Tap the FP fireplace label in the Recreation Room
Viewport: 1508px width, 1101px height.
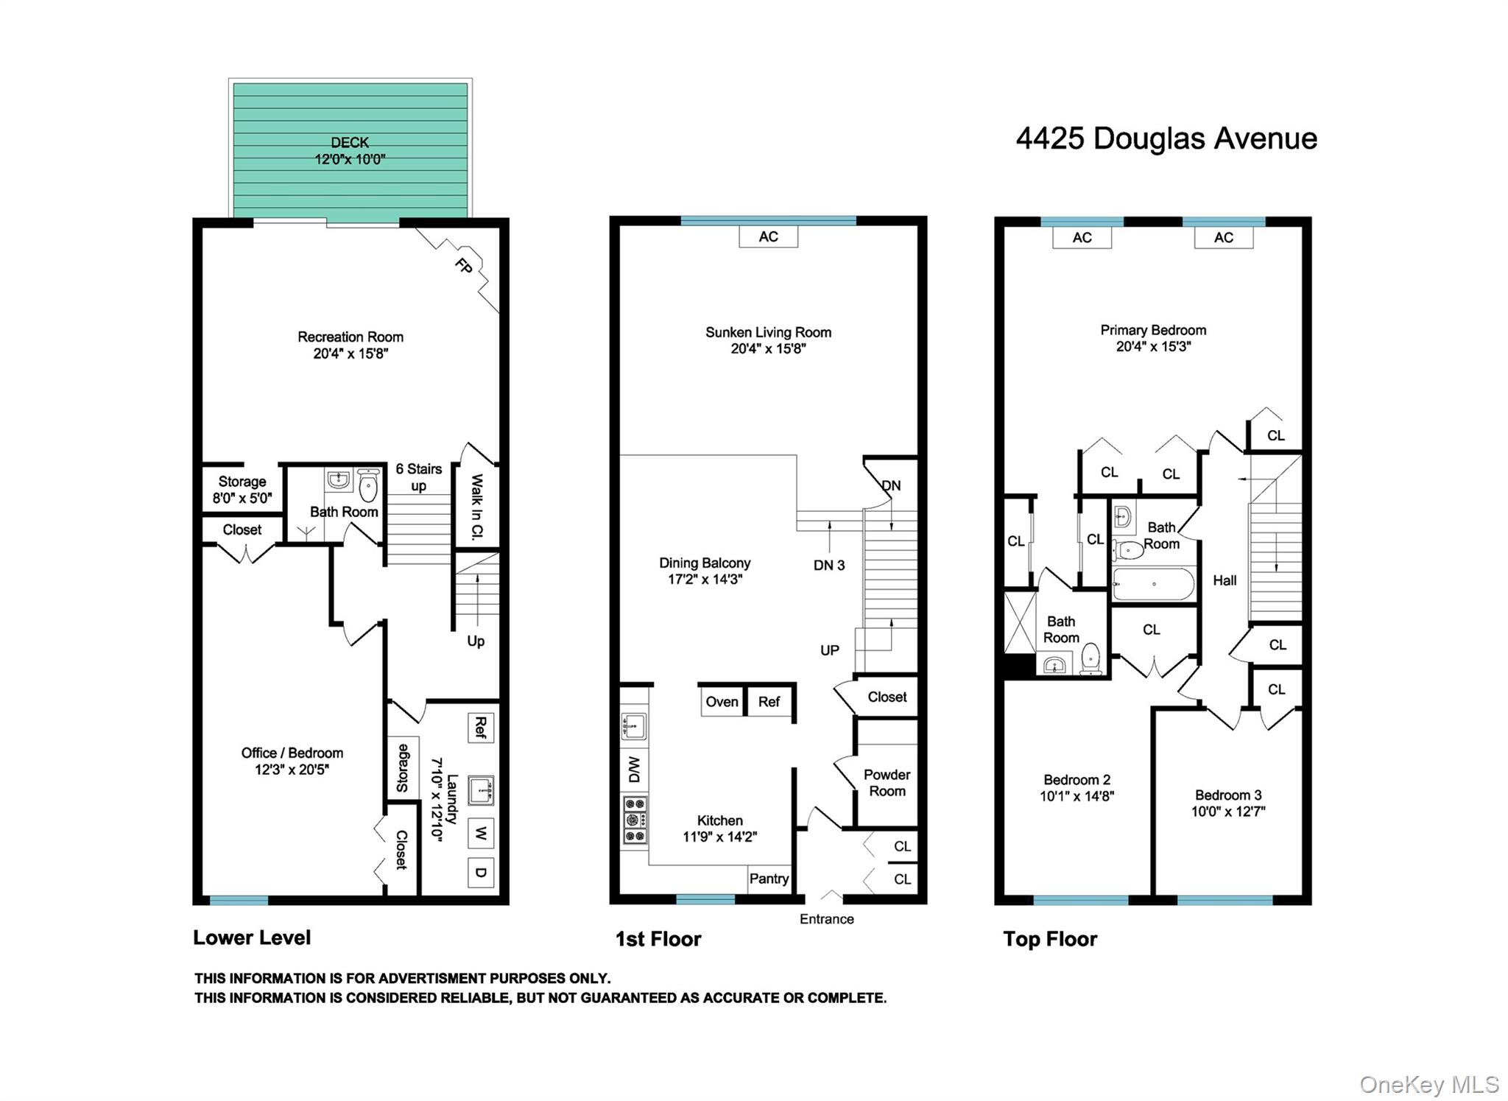tap(463, 266)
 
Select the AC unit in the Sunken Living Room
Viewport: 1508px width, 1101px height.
tap(768, 236)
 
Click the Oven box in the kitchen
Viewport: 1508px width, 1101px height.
tap(722, 702)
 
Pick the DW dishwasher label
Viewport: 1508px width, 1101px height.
tap(634, 770)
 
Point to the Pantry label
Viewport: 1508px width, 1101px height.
tap(769, 879)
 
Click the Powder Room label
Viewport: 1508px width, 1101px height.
tap(887, 783)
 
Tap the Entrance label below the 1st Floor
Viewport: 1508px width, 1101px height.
tap(826, 919)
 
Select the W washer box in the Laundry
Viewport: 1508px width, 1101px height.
tap(480, 834)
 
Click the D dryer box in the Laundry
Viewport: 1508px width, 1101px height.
tap(480, 873)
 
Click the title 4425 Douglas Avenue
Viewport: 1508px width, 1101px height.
tap(1166, 138)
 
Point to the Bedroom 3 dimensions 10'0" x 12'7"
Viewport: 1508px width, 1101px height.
tap(1227, 812)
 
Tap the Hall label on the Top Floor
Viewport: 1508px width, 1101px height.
tap(1225, 580)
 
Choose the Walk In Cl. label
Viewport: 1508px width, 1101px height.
tap(476, 507)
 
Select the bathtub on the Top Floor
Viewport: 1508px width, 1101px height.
tap(1153, 585)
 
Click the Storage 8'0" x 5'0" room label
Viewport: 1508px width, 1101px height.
tap(242, 490)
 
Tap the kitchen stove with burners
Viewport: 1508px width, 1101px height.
tap(635, 820)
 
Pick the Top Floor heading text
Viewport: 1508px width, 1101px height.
tap(1050, 939)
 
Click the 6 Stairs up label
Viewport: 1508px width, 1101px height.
tap(418, 476)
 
